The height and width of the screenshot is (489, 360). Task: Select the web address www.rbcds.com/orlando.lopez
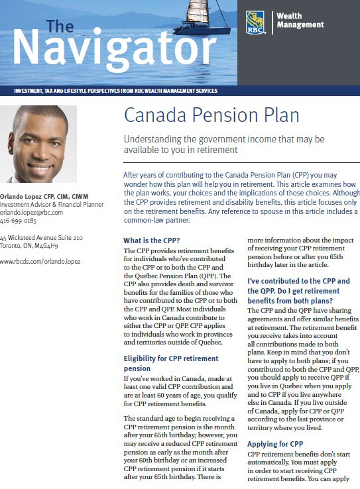[x=40, y=262]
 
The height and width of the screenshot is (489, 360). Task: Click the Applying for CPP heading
[x=275, y=443]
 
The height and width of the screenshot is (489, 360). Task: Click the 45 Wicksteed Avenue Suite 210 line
[x=41, y=237]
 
